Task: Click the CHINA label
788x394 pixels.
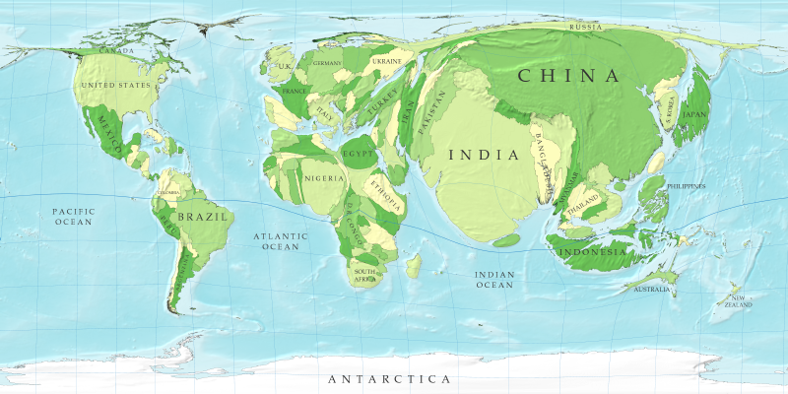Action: [568, 76]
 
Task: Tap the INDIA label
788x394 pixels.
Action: [483, 155]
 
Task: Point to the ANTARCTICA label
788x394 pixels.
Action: [389, 379]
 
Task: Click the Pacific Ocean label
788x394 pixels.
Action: [73, 217]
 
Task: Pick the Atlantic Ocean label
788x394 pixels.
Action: [281, 241]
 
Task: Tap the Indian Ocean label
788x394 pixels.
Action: [494, 279]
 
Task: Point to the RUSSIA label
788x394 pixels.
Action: [586, 28]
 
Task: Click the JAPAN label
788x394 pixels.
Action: [695, 114]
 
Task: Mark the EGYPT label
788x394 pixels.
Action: [359, 155]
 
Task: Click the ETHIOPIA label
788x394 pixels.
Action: [384, 193]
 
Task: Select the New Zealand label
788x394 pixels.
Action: [741, 300]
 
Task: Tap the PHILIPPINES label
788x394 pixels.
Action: [687, 186]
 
